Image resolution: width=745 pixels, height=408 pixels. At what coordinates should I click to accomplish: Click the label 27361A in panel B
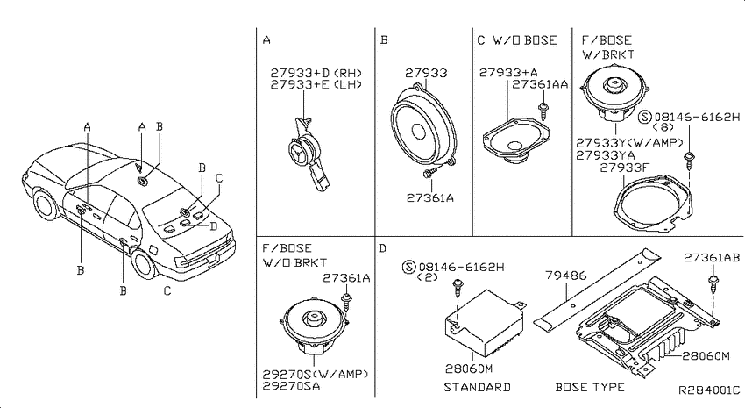pyautogui.click(x=430, y=197)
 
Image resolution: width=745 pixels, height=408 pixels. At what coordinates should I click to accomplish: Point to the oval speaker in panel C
pyautogui.click(x=514, y=140)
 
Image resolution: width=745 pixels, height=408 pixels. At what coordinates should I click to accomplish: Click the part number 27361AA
pyautogui.click(x=540, y=84)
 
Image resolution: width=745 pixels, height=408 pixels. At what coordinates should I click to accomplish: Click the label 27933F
pyautogui.click(x=624, y=168)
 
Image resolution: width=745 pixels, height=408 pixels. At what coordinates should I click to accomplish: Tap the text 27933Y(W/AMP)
pyautogui.click(x=629, y=143)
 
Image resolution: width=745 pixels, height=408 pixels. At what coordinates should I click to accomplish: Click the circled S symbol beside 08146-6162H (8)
pyautogui.click(x=645, y=117)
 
